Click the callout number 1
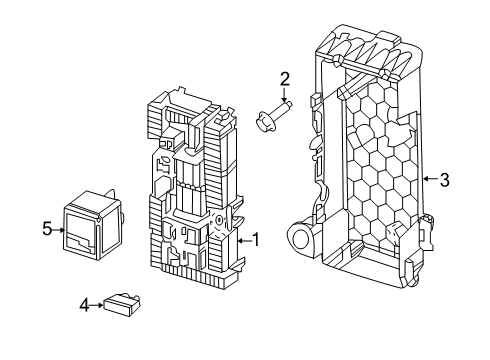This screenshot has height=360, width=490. click(x=256, y=240)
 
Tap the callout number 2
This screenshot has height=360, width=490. click(x=285, y=79)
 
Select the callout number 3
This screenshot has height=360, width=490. click(x=445, y=180)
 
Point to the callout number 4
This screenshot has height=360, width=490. click(x=85, y=305)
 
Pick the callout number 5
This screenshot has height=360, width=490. click(x=47, y=229)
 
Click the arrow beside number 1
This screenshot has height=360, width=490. click(x=244, y=241)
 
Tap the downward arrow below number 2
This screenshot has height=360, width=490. click(x=284, y=94)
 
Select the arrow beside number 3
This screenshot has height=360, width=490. click(x=430, y=179)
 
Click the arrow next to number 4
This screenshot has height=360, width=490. click(x=97, y=305)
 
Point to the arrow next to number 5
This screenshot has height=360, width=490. click(x=58, y=230)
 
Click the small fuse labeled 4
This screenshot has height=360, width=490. click(x=122, y=305)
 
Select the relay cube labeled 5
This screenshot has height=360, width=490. click(x=92, y=225)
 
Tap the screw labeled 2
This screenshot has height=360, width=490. click(x=274, y=116)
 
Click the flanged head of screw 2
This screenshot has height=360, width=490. click(x=265, y=122)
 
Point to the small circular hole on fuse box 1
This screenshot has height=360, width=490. click(x=219, y=220)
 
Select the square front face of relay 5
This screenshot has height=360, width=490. click(x=81, y=233)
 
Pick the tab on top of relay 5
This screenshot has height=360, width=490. click(x=109, y=194)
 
